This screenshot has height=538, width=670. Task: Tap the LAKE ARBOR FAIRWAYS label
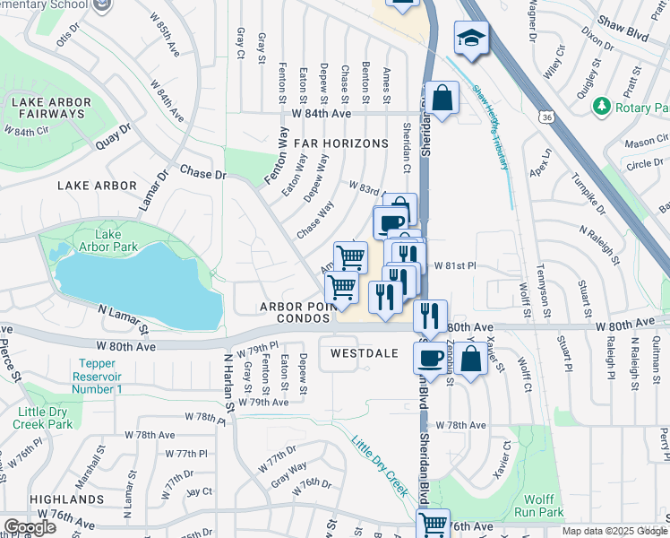[48, 108]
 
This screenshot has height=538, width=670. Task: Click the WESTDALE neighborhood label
[363, 353]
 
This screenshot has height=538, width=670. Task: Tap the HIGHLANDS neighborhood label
[66, 499]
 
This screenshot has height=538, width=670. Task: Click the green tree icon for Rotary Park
[601, 108]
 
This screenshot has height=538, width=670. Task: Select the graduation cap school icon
[469, 39]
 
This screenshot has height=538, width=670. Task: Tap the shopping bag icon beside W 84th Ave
[442, 98]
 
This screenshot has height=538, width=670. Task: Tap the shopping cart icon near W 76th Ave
[433, 524]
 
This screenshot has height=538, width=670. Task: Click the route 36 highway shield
[545, 117]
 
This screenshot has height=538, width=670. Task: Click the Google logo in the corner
[29, 526]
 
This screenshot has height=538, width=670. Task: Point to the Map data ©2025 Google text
[614, 531]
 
